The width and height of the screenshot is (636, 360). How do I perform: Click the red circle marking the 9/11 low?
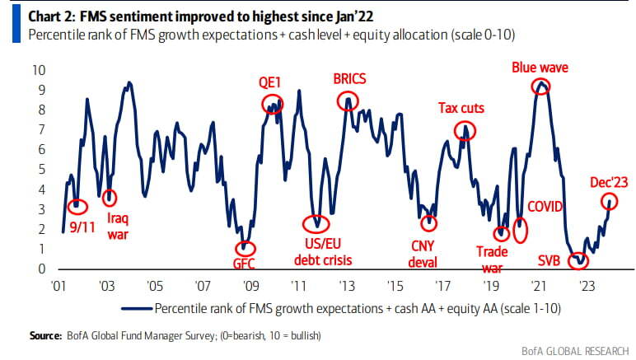point(77,203)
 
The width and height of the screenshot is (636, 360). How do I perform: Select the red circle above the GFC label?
point(245,247)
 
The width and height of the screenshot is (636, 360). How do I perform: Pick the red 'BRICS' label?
point(349,79)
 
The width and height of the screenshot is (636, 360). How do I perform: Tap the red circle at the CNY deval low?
point(428,222)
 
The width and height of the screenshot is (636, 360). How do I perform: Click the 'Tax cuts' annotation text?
point(461,108)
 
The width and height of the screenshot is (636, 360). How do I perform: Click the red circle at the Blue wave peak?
point(540,86)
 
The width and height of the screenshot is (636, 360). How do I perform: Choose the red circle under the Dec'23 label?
point(610,201)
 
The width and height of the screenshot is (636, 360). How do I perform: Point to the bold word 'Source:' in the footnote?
point(44,335)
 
